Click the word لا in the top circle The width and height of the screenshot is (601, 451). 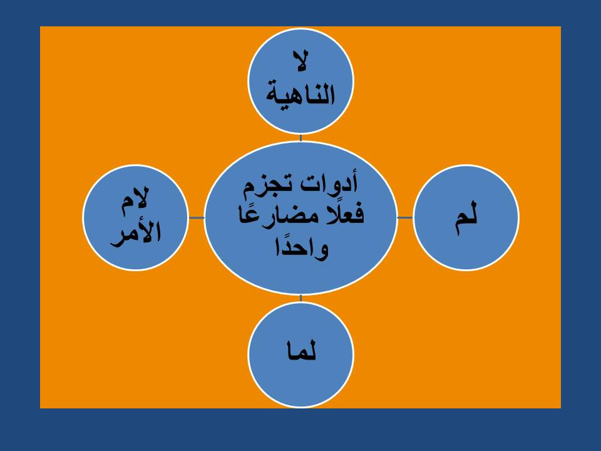pos(300,61)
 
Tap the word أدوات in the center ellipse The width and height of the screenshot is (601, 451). pos(329,184)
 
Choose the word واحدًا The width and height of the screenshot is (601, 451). pos(301,247)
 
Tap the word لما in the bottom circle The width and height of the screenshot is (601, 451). pos(301,351)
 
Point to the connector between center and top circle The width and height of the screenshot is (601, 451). pos(300,138)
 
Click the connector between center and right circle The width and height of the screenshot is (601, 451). pos(405,217)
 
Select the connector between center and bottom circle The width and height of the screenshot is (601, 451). pos(300,298)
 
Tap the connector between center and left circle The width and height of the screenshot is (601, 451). pos(197,217)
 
